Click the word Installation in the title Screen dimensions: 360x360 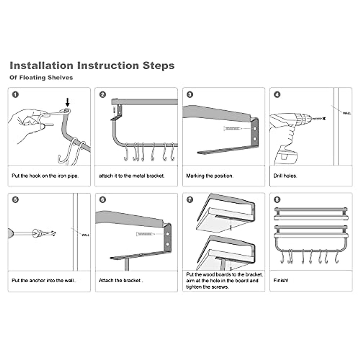click(41, 66)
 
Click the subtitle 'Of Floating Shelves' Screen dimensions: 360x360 click(41, 77)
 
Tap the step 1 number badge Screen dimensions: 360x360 click(15, 94)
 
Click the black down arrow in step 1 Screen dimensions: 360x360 click(67, 102)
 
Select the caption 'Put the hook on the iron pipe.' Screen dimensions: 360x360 click(45, 176)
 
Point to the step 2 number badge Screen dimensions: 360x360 click(103, 94)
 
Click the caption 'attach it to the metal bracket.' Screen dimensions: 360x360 click(131, 176)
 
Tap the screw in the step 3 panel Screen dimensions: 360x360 click(232, 128)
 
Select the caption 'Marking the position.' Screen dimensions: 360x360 click(210, 176)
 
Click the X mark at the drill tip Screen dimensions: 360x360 click(324, 118)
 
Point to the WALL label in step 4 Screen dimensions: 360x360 click(347, 113)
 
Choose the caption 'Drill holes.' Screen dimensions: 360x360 click(285, 176)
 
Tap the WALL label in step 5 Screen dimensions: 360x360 click(85, 235)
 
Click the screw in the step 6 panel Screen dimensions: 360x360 click(145, 234)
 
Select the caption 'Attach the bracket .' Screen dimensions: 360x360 click(121, 280)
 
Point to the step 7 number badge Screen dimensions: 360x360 click(190, 200)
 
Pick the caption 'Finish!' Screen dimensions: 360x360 click(281, 280)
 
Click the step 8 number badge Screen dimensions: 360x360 click(277, 200)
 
